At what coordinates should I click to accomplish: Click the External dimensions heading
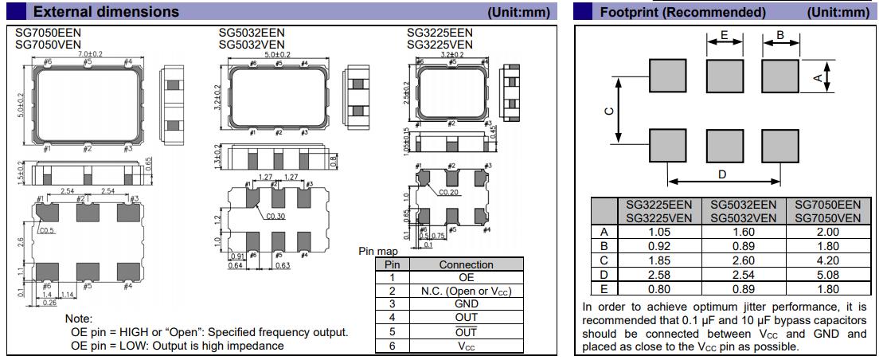tap(107, 12)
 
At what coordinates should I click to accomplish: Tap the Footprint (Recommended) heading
tap(682, 12)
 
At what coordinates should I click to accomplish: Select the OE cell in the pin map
tap(466, 277)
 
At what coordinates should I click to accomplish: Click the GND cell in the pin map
tap(466, 303)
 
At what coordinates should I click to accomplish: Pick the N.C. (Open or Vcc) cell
tap(466, 291)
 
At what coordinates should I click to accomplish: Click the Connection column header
tap(466, 264)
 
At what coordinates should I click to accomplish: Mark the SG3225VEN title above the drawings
tap(440, 45)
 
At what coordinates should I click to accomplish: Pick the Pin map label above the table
tap(377, 252)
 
